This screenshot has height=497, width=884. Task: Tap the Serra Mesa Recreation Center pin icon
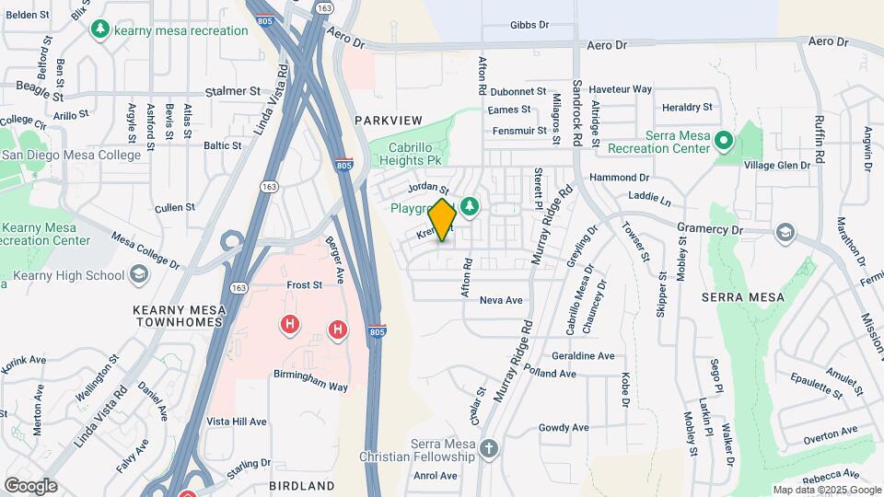[724, 141]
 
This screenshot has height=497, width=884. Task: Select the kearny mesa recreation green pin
[101, 29]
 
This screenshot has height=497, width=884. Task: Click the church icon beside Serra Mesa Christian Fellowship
[488, 449]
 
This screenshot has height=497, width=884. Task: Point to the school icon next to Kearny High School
[138, 274]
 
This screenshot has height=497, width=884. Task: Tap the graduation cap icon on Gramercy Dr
[785, 231]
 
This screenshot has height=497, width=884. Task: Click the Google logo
[30, 485]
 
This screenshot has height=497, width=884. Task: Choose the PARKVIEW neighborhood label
[388, 121]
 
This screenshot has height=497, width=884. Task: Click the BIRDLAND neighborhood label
[302, 485]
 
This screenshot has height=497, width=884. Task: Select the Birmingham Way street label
[310, 387]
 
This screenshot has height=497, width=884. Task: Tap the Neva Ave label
[501, 300]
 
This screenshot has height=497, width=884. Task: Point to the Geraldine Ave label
[582, 355]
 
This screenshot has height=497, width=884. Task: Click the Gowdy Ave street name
[564, 427]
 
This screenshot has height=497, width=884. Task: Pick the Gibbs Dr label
[529, 25]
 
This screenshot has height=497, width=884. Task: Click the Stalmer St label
[234, 91]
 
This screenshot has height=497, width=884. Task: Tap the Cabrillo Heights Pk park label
[405, 153]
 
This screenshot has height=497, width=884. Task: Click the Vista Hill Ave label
[237, 422]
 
